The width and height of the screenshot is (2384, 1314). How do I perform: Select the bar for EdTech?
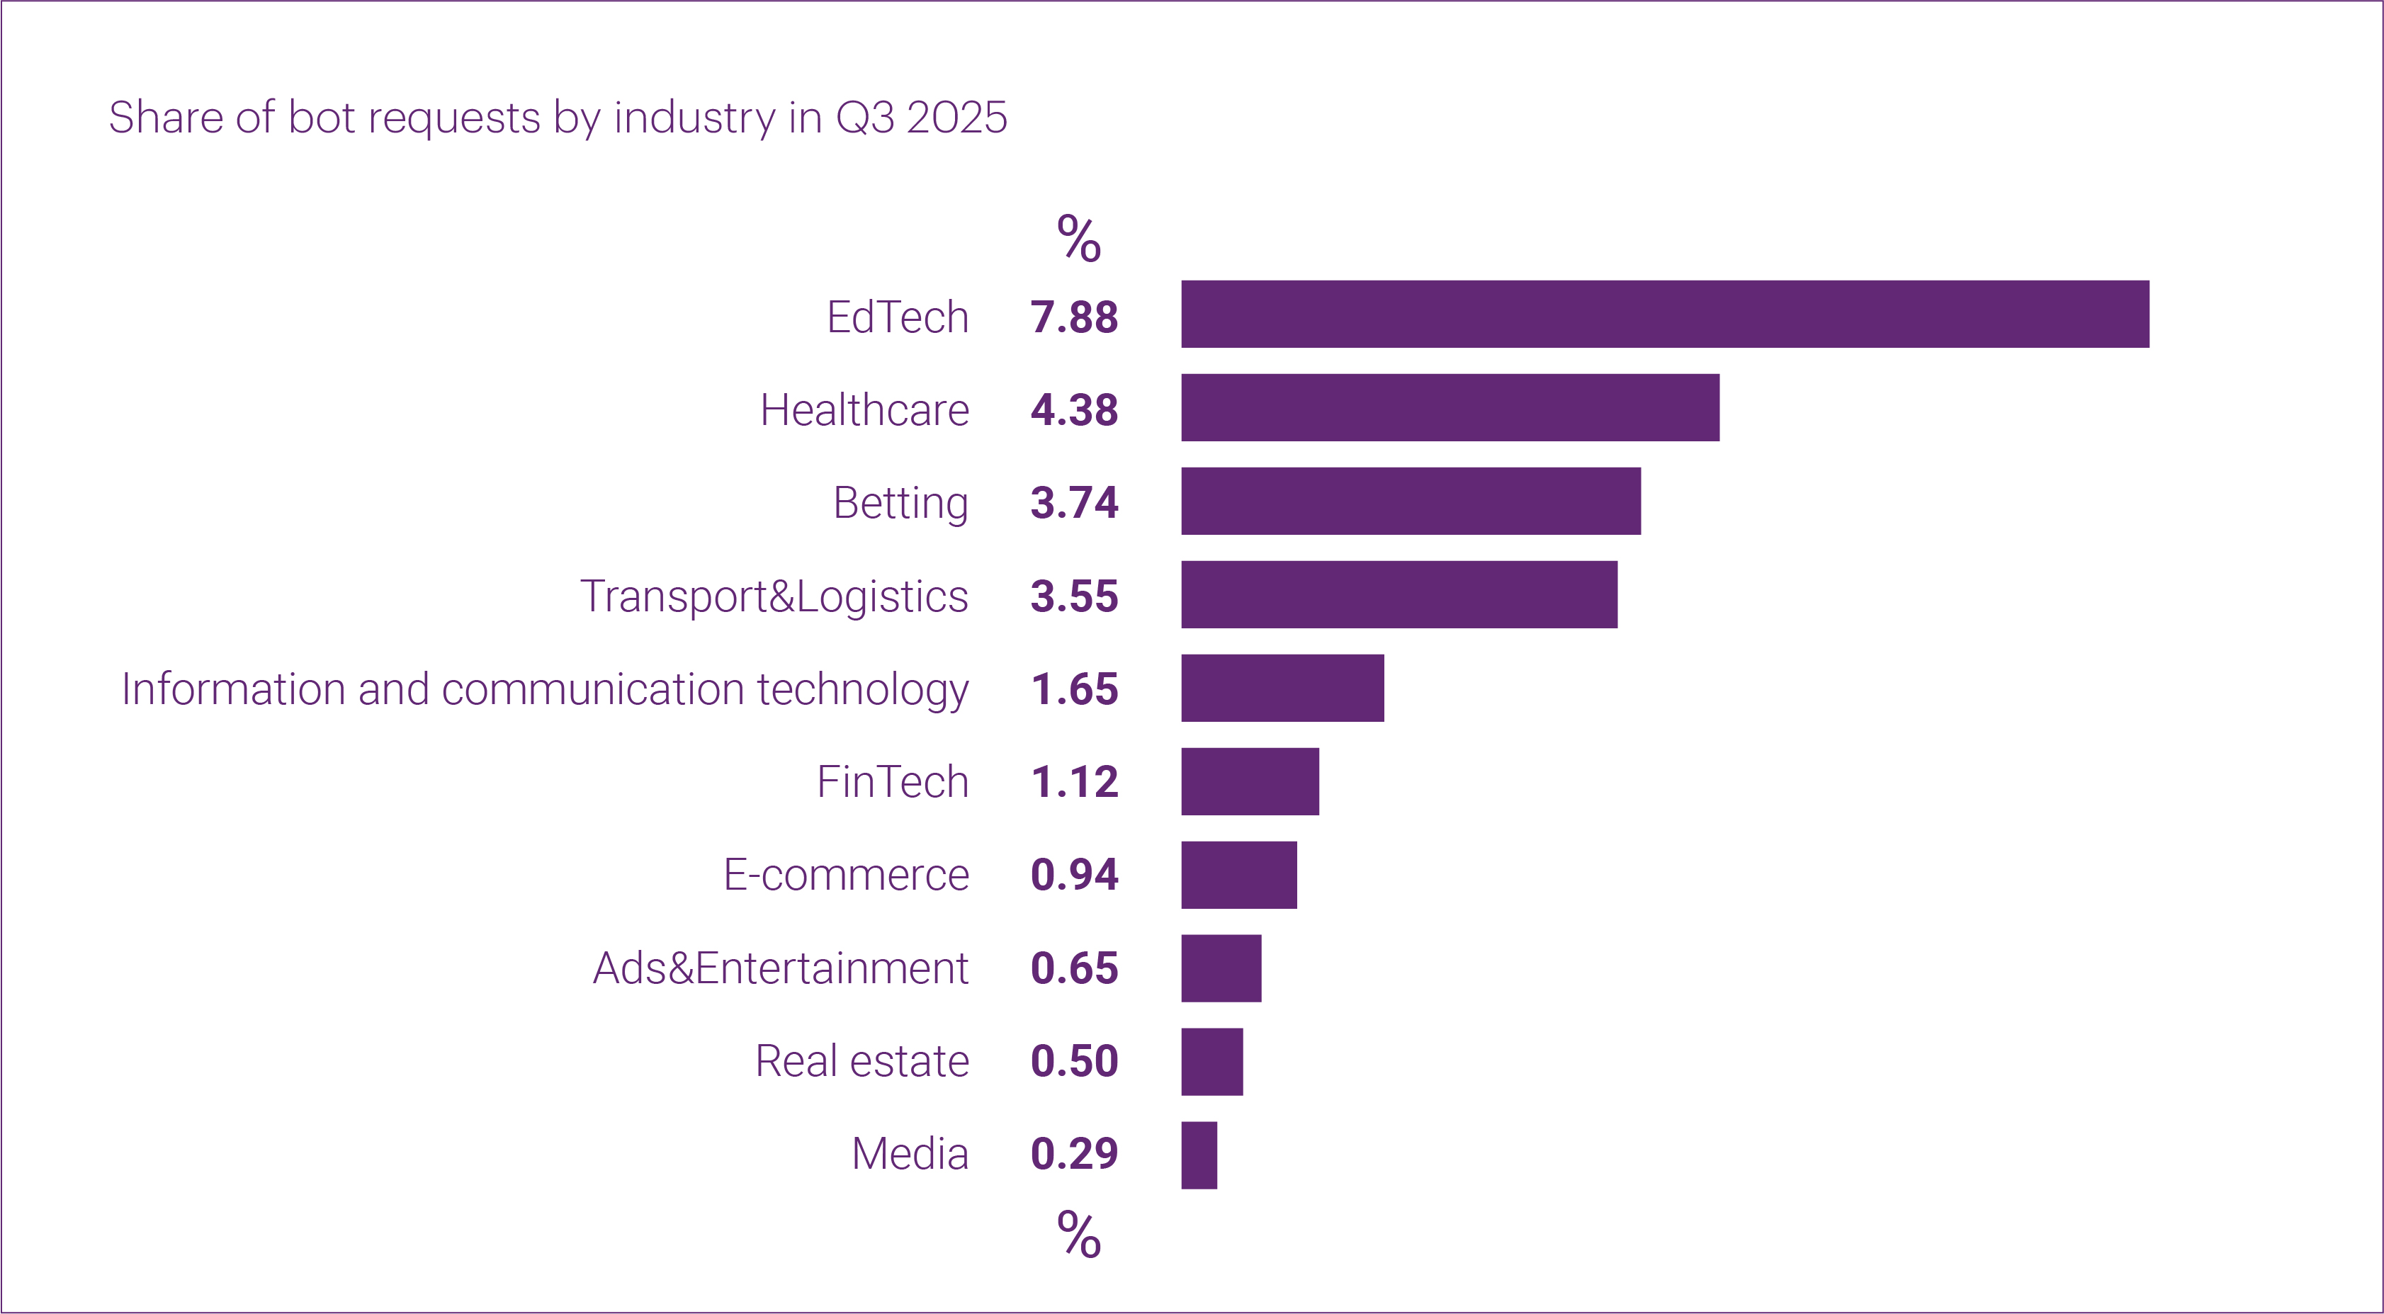(1664, 315)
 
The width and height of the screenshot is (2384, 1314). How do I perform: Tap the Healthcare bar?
(1450, 408)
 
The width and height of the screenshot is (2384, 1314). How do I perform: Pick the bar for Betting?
(1411, 502)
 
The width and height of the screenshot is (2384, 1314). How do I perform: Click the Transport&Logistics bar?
(1399, 595)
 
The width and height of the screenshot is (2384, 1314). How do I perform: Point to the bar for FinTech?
(1249, 782)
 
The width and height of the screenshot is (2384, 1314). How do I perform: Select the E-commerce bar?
(1238, 876)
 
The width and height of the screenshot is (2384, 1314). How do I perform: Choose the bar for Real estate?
(1211, 1063)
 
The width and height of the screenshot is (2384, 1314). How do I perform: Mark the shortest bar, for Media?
(1199, 1156)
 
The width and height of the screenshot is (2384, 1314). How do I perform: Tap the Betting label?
(900, 504)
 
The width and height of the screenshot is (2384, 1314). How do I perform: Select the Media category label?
(909, 1155)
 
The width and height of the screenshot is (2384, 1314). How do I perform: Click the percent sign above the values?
(1078, 239)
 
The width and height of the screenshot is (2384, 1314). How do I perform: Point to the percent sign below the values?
(1078, 1235)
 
